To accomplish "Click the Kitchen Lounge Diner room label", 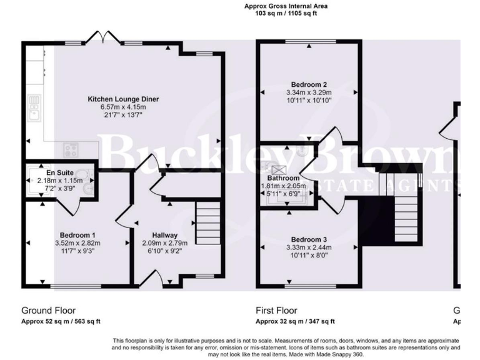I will tap(123, 99).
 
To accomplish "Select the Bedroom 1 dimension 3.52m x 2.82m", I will tap(79, 244).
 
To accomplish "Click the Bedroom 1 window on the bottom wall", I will tap(75, 287).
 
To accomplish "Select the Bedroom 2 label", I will tap(309, 84).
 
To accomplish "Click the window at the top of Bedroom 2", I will tap(309, 42).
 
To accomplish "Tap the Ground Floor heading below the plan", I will tap(48, 310).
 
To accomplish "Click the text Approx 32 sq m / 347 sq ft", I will tap(295, 321).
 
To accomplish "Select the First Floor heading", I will tap(277, 310).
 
